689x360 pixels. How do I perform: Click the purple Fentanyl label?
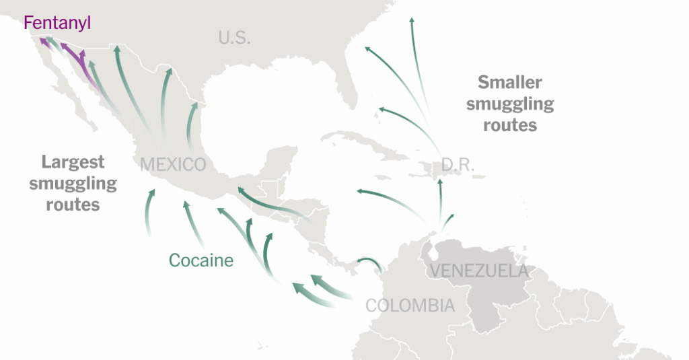coord(57,24)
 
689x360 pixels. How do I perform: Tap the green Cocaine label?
coord(201,260)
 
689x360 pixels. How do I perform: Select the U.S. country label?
coord(234,38)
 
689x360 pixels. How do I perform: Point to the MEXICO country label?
coord(173,164)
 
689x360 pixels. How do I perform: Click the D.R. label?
coord(458,164)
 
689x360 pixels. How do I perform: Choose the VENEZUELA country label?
coord(478,271)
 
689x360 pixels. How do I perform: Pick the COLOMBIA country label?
coord(410,305)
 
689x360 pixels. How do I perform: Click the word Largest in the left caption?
coord(73,162)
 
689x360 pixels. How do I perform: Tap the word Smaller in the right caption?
coord(509,82)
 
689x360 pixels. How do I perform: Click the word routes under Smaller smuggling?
coord(509,125)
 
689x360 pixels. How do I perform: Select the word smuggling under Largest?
coord(73,184)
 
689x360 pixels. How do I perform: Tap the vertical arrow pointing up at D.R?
coord(440,182)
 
